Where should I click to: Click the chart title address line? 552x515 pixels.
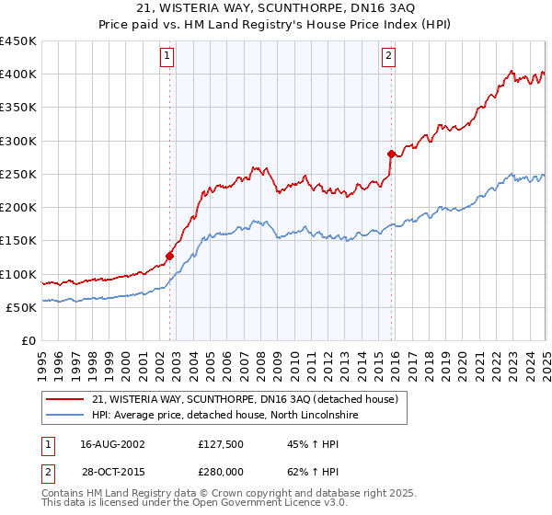(276, 9)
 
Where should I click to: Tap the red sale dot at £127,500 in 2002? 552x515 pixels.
(170, 256)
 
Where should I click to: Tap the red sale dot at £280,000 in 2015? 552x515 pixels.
(391, 154)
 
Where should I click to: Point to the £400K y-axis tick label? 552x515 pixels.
(17, 74)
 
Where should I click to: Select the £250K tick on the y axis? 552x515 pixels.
(17, 174)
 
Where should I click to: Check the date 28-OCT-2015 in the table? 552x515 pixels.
(112, 471)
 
